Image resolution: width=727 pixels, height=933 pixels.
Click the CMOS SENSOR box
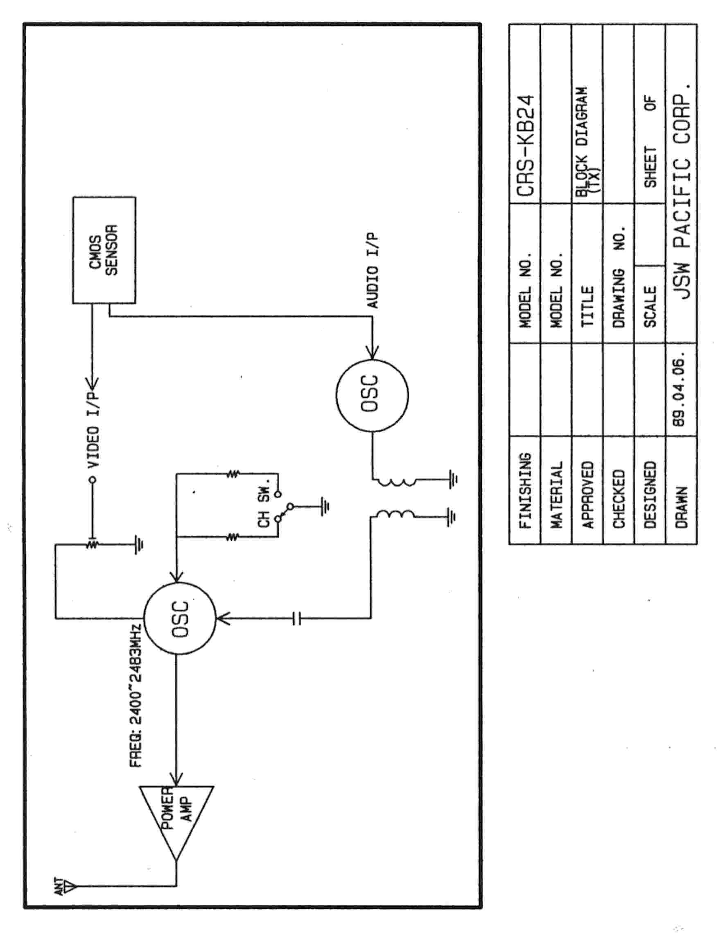(x=104, y=250)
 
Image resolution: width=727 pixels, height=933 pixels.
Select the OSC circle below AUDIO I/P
(x=372, y=395)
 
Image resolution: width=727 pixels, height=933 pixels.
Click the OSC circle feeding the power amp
(x=180, y=618)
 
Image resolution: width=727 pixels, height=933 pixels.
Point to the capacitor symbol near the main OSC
(x=297, y=618)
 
